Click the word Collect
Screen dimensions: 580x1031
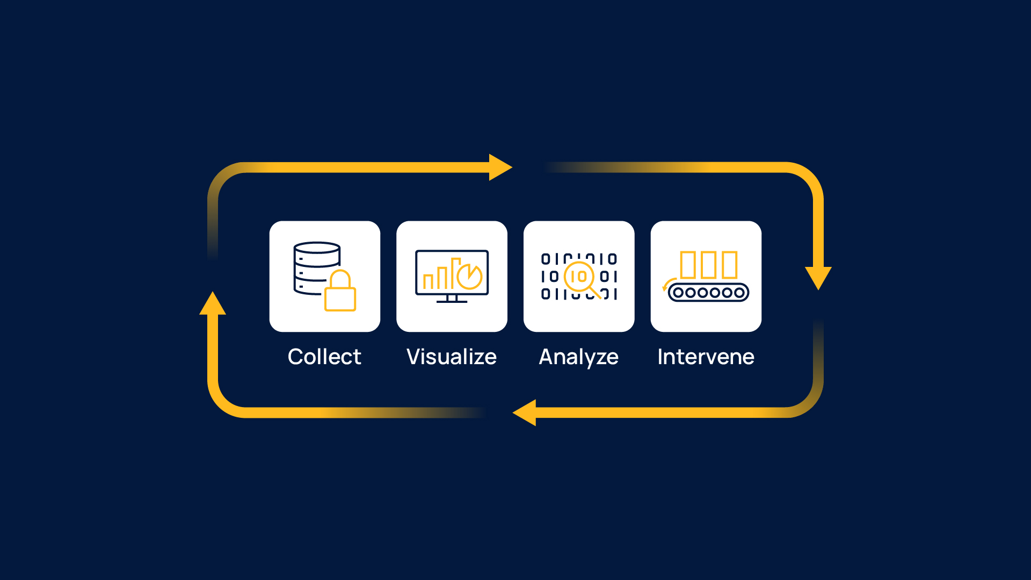324,357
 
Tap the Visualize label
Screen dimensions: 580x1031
452,357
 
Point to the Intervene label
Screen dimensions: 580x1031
706,357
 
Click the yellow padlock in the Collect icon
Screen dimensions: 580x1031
340,293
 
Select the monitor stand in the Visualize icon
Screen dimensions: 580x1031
452,299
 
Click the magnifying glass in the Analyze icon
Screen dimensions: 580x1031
580,277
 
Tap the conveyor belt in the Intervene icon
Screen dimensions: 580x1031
708,293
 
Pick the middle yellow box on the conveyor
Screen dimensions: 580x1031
708,265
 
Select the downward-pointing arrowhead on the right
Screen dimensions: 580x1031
818,277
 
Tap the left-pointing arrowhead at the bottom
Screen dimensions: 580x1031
525,412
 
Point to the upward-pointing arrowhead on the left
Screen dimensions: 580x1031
213,304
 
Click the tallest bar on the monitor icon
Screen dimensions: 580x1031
455,273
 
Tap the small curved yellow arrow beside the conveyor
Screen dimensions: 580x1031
667,284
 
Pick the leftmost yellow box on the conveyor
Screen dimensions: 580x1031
688,265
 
